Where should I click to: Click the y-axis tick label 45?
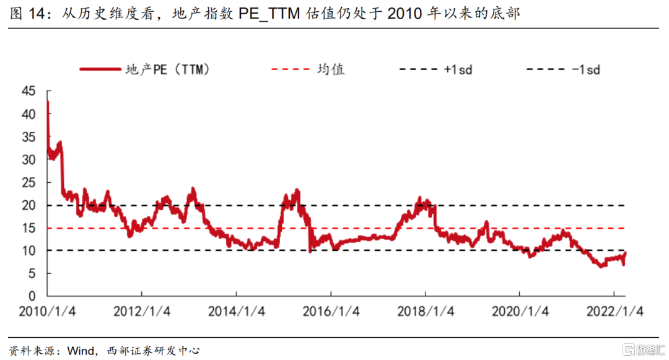(x=29, y=92)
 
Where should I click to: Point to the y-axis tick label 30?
(x=29, y=160)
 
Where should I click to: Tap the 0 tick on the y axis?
(x=33, y=296)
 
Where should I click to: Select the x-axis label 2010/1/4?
(x=48, y=312)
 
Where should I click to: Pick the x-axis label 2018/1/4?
(x=426, y=312)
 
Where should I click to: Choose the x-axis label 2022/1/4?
(x=614, y=312)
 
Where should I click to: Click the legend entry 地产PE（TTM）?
(x=167, y=69)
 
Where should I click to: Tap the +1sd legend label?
(x=458, y=69)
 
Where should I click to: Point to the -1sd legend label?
(x=586, y=69)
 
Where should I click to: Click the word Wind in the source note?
(x=80, y=351)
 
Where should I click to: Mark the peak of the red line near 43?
(x=48, y=102)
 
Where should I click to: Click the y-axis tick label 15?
(x=29, y=228)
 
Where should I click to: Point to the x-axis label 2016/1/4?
(x=331, y=312)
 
